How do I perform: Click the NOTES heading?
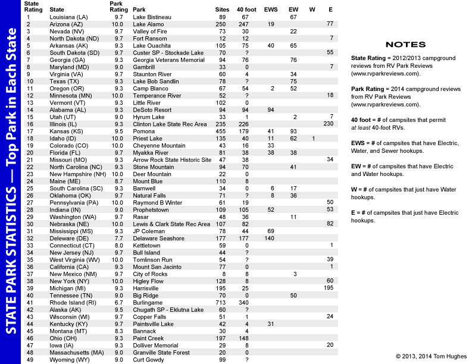[405, 45]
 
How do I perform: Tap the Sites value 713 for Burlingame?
[222, 302]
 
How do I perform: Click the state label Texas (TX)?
[65, 81]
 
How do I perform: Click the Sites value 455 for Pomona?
[222, 131]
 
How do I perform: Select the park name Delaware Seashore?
[158, 238]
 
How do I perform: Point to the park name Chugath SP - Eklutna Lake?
[168, 309]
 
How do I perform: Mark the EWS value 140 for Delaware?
[269, 238]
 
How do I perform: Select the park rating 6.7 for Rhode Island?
[118, 302]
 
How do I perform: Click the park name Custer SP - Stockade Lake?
[168, 53]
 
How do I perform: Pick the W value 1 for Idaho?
[313, 138]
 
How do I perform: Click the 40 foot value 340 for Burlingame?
[244, 302]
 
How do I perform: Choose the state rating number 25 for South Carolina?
[29, 188]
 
